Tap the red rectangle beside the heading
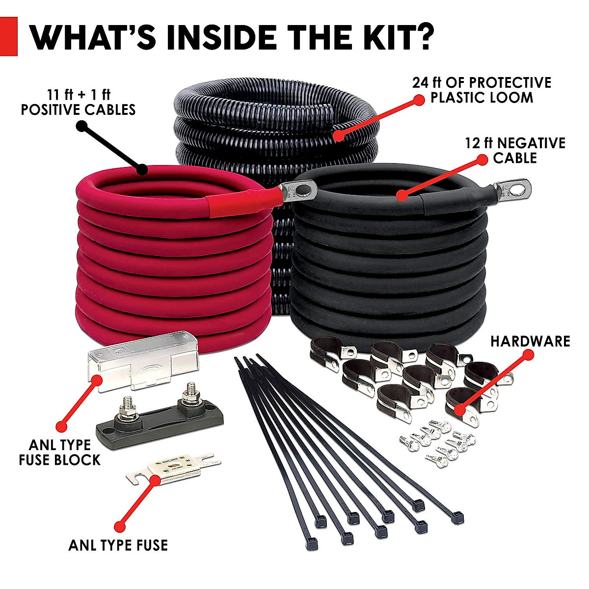(8, 36)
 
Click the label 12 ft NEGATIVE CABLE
(515, 150)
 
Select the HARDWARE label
(530, 341)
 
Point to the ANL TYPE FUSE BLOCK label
(59, 452)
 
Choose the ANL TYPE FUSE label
(118, 545)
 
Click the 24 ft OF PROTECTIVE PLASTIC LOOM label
(482, 89)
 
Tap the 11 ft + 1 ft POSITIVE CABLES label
(78, 102)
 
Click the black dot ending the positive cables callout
(142, 170)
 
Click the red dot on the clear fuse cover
(96, 379)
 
